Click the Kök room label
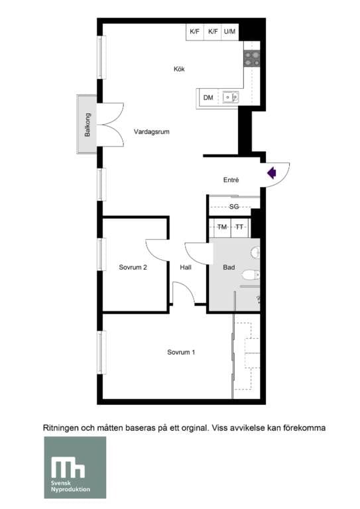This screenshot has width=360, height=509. tap(178, 69)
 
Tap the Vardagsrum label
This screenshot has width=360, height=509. tap(151, 131)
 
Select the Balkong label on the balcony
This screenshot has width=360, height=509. tap(87, 124)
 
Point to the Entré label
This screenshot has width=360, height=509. tap(231, 180)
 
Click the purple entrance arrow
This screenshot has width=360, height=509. tap(271, 173)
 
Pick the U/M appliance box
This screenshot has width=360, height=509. tap(230, 32)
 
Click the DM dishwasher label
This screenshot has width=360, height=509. tap(208, 98)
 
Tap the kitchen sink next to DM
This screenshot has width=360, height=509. tap(230, 98)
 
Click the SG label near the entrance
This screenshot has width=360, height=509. tap(233, 207)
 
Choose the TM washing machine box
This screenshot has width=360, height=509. tap(222, 227)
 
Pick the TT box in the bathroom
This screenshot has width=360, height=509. tap(239, 227)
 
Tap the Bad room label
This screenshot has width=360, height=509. tap(229, 268)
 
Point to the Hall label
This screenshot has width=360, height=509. tap(186, 268)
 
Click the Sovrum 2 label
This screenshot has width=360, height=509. tap(133, 268)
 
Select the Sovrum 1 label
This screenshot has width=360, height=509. tap(181, 352)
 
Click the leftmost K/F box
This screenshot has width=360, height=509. tap(194, 32)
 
